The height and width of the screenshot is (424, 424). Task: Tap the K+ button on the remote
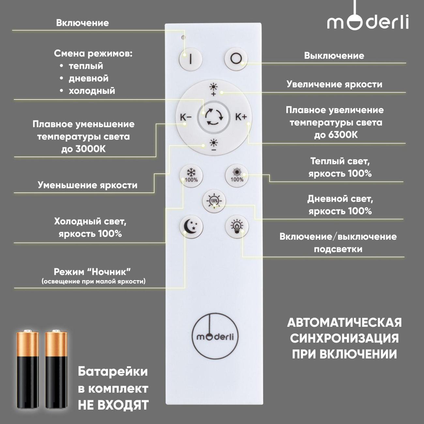pos(241,117)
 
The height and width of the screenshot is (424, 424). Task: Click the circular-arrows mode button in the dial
pos(214,117)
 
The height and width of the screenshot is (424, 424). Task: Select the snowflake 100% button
pos(191,176)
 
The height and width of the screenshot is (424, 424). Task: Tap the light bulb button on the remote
pos(237,227)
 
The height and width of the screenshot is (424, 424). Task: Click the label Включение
pos(82,23)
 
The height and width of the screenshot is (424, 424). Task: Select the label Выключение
pos(334,56)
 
